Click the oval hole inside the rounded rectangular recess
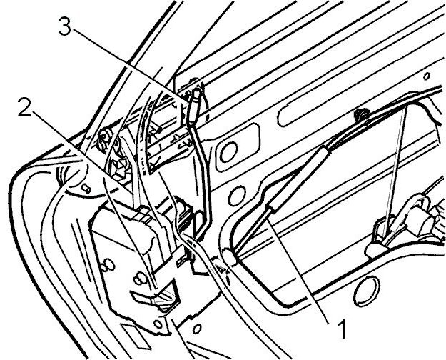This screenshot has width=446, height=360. [231, 151]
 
